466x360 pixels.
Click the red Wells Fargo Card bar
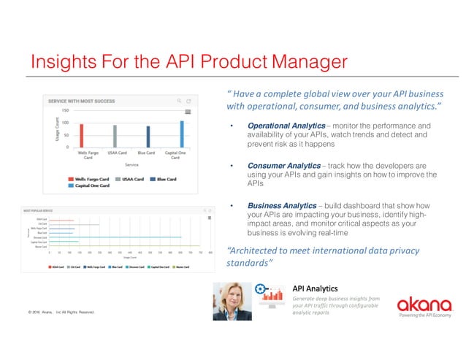pyautogui.click(x=81, y=135)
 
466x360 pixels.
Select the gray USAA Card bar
pyautogui.click(x=114, y=136)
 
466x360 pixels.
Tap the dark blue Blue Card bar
pyautogui.click(x=148, y=137)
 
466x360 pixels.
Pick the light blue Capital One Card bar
pyautogui.click(x=181, y=134)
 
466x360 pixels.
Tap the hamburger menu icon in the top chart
pyautogui.click(x=188, y=112)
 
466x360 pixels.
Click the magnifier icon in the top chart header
pyautogui.click(x=178, y=101)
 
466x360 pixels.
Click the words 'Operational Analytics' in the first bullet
pyautogui.click(x=278, y=126)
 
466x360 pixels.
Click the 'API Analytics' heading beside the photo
pyautogui.click(x=313, y=287)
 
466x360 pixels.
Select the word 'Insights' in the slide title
pyautogui.click(x=64, y=61)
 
